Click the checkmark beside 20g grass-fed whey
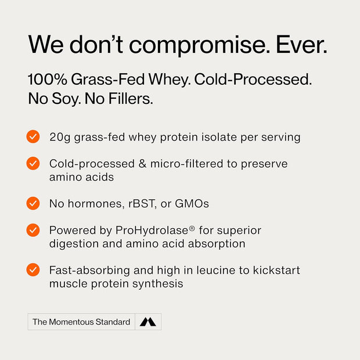[33, 137]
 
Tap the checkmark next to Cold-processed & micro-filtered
[33, 164]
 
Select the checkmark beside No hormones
[33, 203]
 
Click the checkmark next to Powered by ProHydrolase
[33, 230]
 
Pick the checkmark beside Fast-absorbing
[33, 270]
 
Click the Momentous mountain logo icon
[147, 322]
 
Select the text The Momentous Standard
[81, 322]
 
